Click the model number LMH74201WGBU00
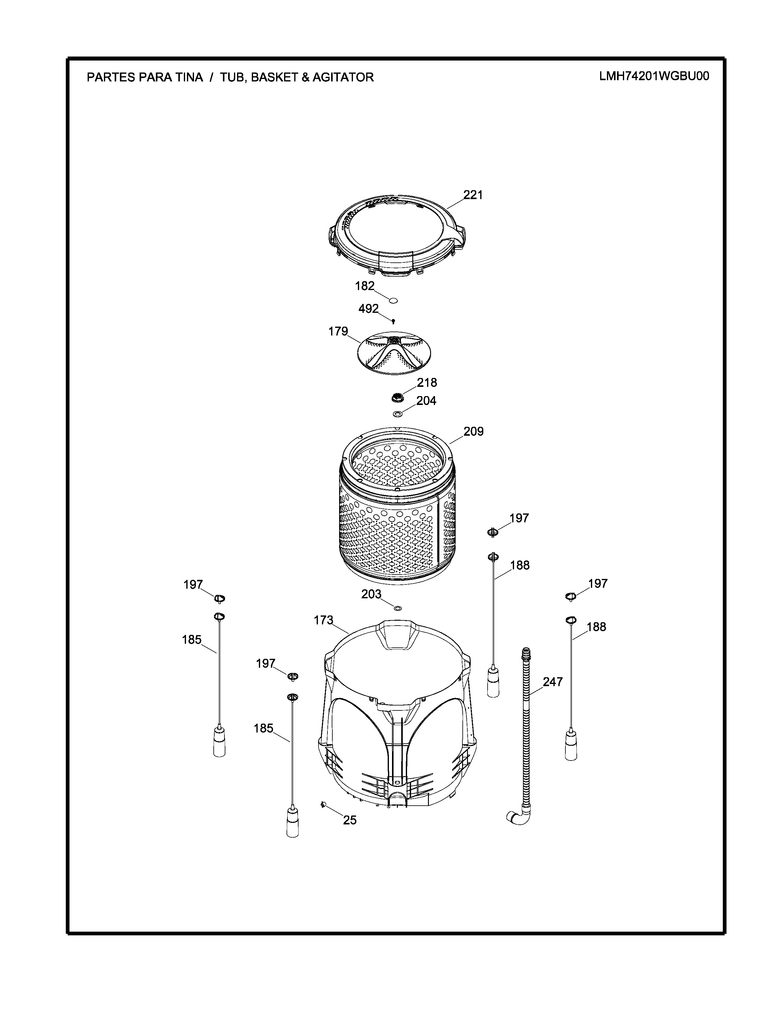[654, 76]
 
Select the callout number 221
[473, 195]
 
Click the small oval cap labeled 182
[393, 301]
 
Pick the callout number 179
[338, 331]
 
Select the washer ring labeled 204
[398, 413]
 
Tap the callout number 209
[473, 431]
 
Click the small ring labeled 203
[398, 608]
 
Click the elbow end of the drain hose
[517, 819]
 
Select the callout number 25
[350, 820]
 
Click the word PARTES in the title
[110, 77]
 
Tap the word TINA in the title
[188, 77]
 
